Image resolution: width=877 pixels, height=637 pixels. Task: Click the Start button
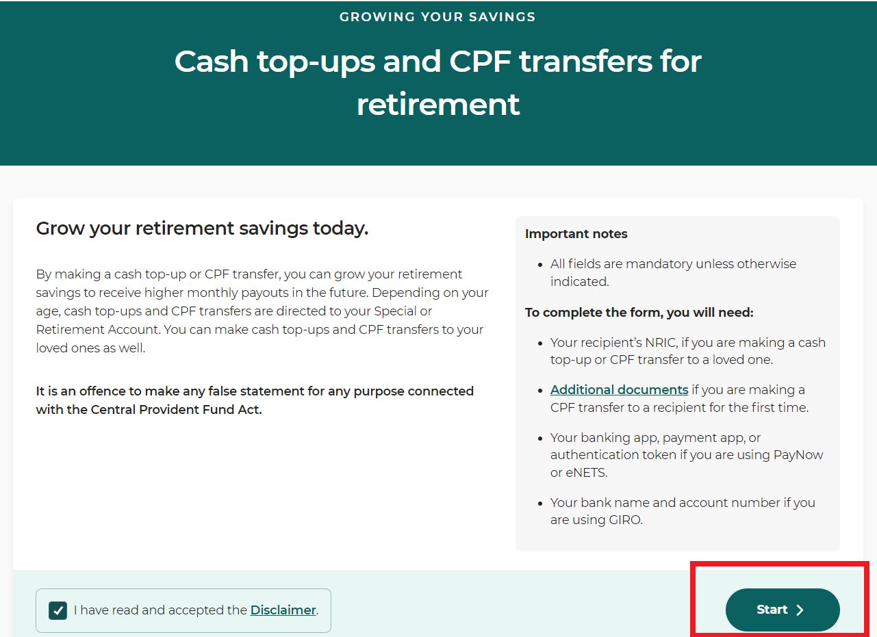783,610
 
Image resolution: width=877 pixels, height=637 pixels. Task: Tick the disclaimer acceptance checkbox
58,610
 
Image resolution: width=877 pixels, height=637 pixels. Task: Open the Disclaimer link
283,610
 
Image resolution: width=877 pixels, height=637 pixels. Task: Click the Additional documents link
619,390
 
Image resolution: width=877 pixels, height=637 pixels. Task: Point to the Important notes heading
576,233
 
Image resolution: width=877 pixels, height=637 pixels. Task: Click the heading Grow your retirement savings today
202,228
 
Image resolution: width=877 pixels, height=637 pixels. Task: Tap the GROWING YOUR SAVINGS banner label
437,17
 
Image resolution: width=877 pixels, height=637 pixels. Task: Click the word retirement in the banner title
438,105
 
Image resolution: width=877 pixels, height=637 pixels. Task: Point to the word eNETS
586,473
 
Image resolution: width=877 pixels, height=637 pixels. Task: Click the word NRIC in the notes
661,342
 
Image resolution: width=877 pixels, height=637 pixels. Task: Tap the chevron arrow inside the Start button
800,610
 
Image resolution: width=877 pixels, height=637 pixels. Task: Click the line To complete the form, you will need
639,312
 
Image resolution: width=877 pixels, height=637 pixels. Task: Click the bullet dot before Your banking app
540,439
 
